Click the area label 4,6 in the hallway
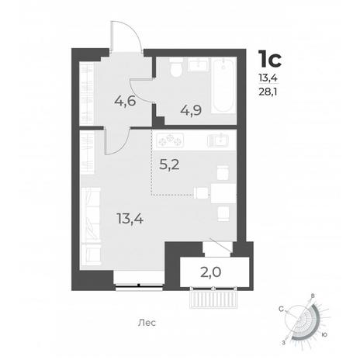tap(125, 101)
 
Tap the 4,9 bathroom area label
tap(191, 111)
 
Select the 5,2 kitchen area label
tap(169, 164)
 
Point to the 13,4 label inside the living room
tap(130, 219)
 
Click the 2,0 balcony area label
tap(211, 272)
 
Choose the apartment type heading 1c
tap(270, 59)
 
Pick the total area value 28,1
tap(268, 92)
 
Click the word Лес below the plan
tap(147, 323)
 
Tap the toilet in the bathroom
tap(177, 67)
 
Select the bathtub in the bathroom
tap(223, 85)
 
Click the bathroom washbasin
tap(199, 64)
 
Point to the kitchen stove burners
tap(170, 140)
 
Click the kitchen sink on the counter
tap(218, 140)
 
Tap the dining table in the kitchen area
tap(223, 193)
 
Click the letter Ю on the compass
tap(324, 334)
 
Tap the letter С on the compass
tap(281, 309)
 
